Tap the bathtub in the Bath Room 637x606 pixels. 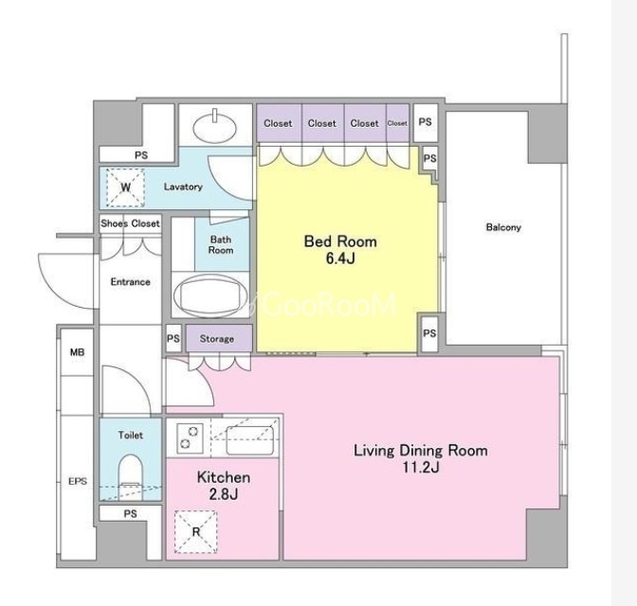tap(210, 295)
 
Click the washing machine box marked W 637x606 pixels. tap(125, 187)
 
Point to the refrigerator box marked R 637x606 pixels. tap(196, 532)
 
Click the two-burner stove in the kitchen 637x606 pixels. tap(191, 437)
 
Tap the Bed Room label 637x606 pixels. tap(340, 241)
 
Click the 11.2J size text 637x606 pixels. tap(421, 468)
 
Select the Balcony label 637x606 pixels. tap(503, 227)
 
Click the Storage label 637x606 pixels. tap(216, 339)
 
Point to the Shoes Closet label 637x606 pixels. tap(131, 223)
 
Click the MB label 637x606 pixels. tap(77, 352)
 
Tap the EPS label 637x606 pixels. tap(78, 481)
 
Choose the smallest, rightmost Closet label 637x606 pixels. tap(397, 123)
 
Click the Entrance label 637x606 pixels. tap(131, 281)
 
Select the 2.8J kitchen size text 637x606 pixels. tap(223, 494)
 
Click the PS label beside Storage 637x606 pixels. tap(173, 338)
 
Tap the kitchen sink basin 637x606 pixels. tap(249, 440)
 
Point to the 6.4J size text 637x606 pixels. tap(340, 258)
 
